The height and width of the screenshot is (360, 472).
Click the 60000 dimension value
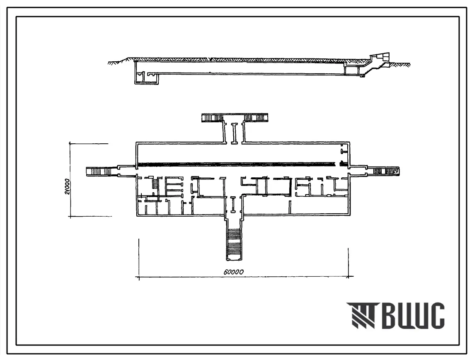[234, 272]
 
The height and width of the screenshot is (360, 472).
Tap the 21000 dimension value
[67, 186]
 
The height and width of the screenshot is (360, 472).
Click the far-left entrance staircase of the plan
[99, 172]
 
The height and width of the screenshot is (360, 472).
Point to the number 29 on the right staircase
[396, 172]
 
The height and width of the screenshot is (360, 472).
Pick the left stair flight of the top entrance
[212, 118]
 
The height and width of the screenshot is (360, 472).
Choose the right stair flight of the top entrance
[256, 118]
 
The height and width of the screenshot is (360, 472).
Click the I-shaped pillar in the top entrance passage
[234, 133]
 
